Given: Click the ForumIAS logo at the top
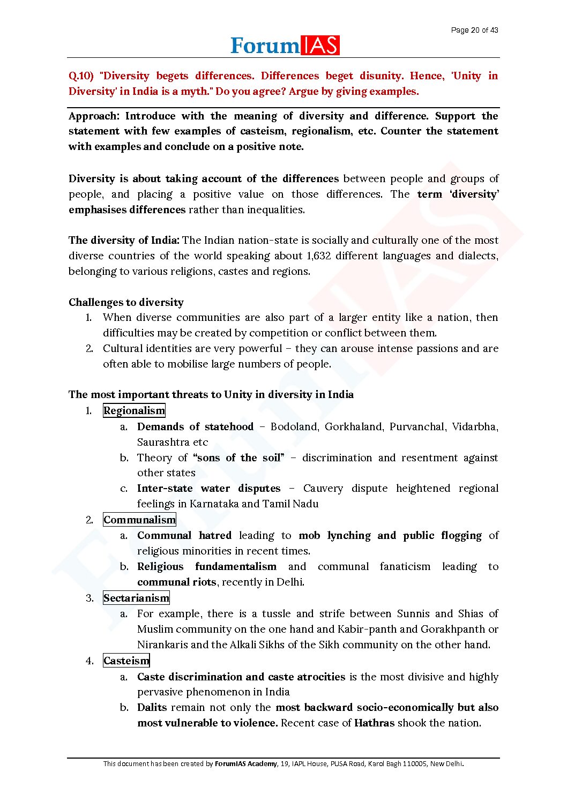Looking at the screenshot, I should point(285,46).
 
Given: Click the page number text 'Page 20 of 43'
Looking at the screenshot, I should point(474,30).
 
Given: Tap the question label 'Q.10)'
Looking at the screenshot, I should point(81,76).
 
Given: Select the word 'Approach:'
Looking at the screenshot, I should point(94,116).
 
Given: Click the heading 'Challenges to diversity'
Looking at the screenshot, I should point(126,302).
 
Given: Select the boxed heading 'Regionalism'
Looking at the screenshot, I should point(134,411).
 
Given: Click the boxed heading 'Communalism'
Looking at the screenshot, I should point(139,520).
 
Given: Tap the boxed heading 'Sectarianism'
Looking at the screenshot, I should point(136,598).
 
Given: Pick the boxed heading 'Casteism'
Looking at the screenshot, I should point(126,661).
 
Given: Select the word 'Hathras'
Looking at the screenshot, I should point(374,723).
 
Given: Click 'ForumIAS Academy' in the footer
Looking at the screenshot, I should point(246,764).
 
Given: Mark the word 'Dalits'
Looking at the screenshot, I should point(152,708).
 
